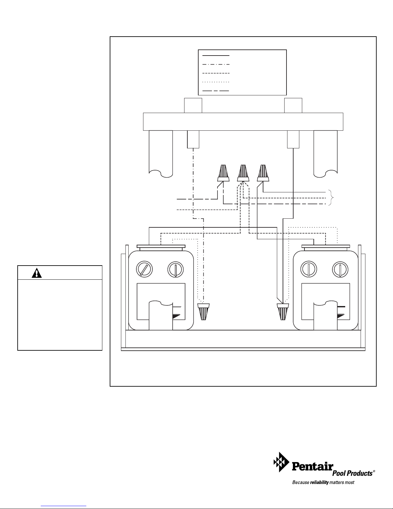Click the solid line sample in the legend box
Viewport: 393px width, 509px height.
click(216, 56)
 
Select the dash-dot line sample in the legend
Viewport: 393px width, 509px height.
click(216, 64)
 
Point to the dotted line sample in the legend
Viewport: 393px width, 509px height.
click(216, 82)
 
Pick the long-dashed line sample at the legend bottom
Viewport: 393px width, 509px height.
click(216, 91)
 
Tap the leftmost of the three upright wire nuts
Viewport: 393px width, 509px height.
click(223, 173)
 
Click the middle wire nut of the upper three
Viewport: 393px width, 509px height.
click(243, 173)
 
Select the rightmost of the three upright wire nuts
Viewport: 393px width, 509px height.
click(263, 173)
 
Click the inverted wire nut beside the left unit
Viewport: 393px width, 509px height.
click(203, 312)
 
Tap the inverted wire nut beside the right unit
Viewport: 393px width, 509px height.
click(283, 312)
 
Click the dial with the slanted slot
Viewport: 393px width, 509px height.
click(144, 269)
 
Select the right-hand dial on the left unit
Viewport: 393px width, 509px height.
click(175, 269)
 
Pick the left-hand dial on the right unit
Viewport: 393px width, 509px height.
click(309, 269)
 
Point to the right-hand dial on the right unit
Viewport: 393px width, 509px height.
click(340, 269)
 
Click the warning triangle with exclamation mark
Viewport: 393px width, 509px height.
click(37, 273)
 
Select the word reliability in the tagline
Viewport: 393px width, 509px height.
click(319, 482)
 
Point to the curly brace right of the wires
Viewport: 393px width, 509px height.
click(331, 198)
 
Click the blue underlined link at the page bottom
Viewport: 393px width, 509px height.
click(64, 506)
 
